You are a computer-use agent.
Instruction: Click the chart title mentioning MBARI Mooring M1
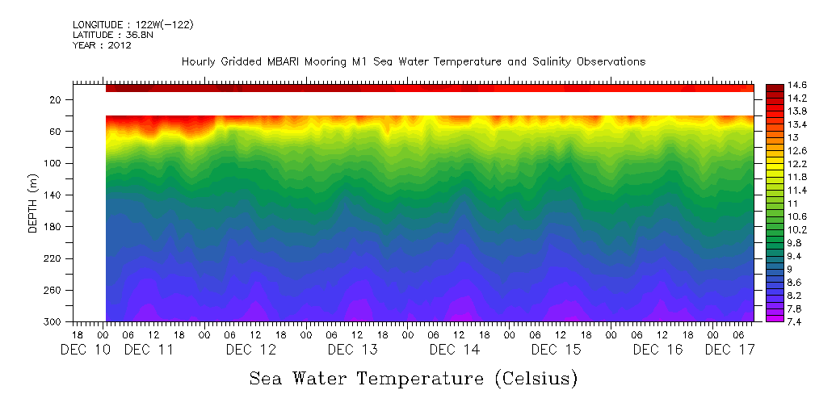413,62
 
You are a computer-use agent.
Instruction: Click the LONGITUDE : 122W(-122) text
133,25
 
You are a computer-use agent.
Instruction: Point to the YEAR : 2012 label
102,46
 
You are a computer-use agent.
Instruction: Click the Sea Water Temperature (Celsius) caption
413,378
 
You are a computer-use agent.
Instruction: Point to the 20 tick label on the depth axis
57,100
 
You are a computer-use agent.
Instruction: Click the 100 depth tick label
54,163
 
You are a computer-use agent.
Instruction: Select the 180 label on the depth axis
54,227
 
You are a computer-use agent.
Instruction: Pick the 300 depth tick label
54,322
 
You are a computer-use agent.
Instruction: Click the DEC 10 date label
86,350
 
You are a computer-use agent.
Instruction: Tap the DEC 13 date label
352,350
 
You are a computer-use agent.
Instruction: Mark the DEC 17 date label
729,350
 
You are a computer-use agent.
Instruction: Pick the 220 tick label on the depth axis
54,258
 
